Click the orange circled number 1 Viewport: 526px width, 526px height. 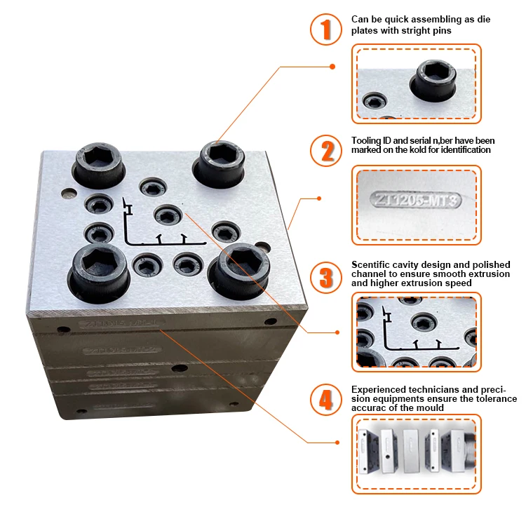tap(325, 29)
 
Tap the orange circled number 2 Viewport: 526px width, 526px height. tap(325, 150)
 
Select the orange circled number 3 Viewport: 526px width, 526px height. tap(325, 276)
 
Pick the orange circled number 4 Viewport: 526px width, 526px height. tap(325, 400)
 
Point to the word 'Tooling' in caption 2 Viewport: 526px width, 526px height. tap(366, 140)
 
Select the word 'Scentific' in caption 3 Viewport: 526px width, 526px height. tap(372, 264)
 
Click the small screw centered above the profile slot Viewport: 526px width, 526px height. tap(167, 213)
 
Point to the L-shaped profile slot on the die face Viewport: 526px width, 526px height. tap(154, 238)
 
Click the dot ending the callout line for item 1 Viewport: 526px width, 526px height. tap(332, 67)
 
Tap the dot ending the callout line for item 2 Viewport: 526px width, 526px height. tap(319, 198)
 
